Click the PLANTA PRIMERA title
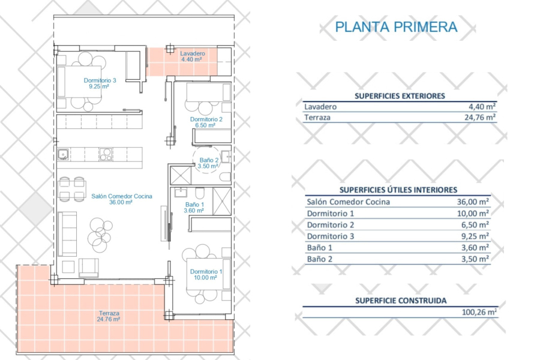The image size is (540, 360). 396,27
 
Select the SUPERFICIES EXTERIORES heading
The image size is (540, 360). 399,95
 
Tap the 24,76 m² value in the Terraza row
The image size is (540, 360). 482,118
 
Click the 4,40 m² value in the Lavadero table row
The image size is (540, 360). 483,107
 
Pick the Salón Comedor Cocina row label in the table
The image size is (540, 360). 348,202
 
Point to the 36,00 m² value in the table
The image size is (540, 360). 473,202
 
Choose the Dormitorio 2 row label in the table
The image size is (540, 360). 331,225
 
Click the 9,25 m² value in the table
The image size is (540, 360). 475,236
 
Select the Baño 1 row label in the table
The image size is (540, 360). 319,248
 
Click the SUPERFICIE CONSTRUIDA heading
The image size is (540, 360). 401,301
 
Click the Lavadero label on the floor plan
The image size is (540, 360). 193,53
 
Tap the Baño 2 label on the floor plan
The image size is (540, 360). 208,160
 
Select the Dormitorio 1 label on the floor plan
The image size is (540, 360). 206,272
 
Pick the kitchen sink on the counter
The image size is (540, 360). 62,155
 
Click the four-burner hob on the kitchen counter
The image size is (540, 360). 106,154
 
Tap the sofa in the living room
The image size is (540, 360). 67,234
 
